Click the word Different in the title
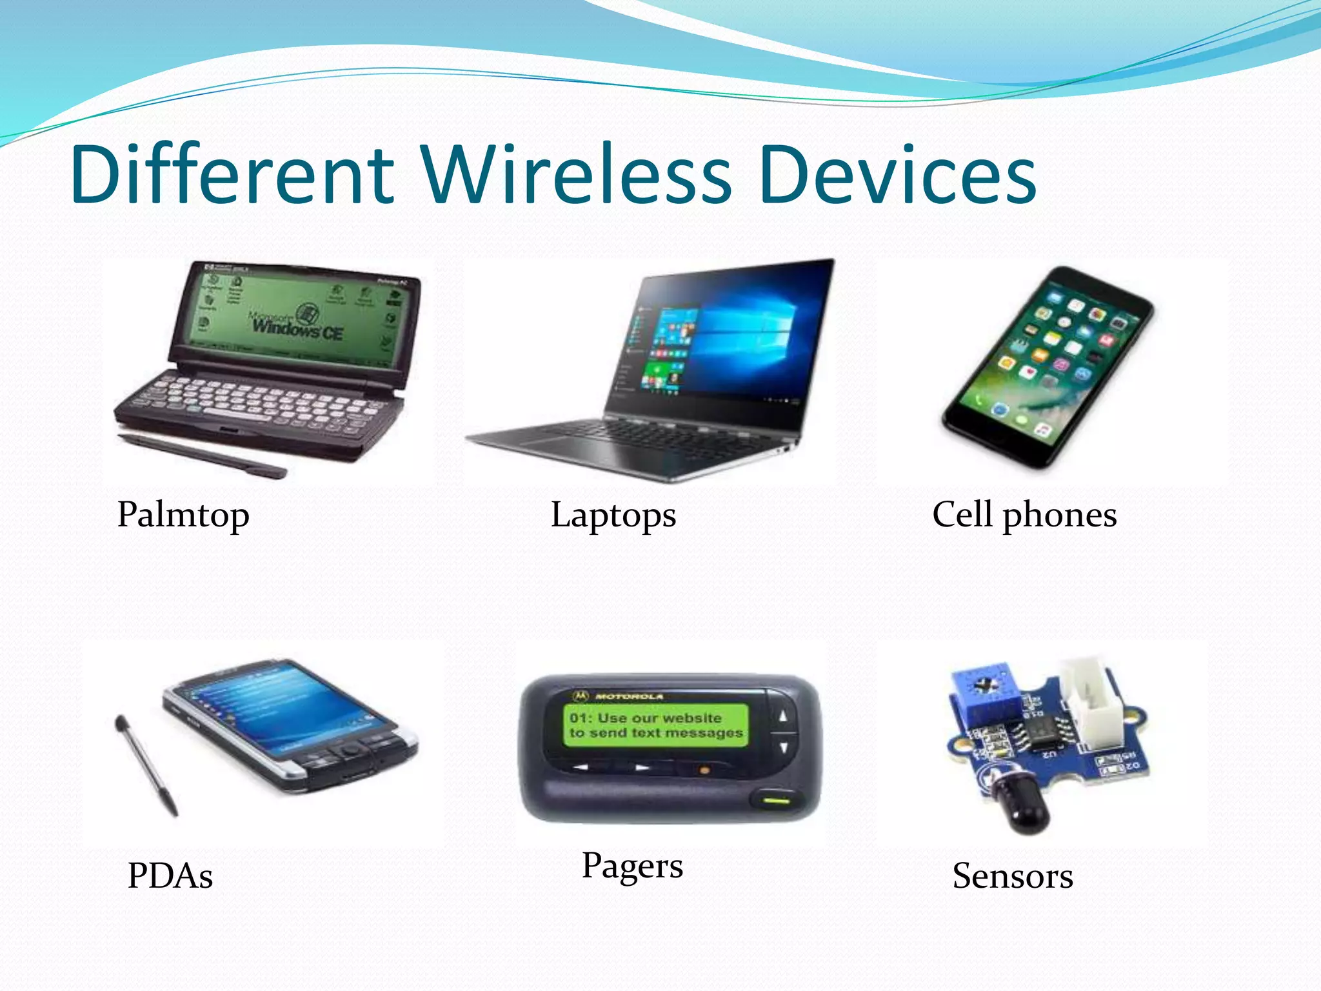(x=232, y=174)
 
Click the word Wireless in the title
(x=577, y=174)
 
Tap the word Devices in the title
(x=897, y=174)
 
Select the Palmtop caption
(x=183, y=515)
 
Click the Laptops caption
(x=613, y=515)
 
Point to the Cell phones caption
(x=1024, y=515)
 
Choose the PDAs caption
(x=170, y=876)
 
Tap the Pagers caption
(x=632, y=865)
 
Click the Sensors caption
(x=1013, y=876)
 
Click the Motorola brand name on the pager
(x=629, y=697)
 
